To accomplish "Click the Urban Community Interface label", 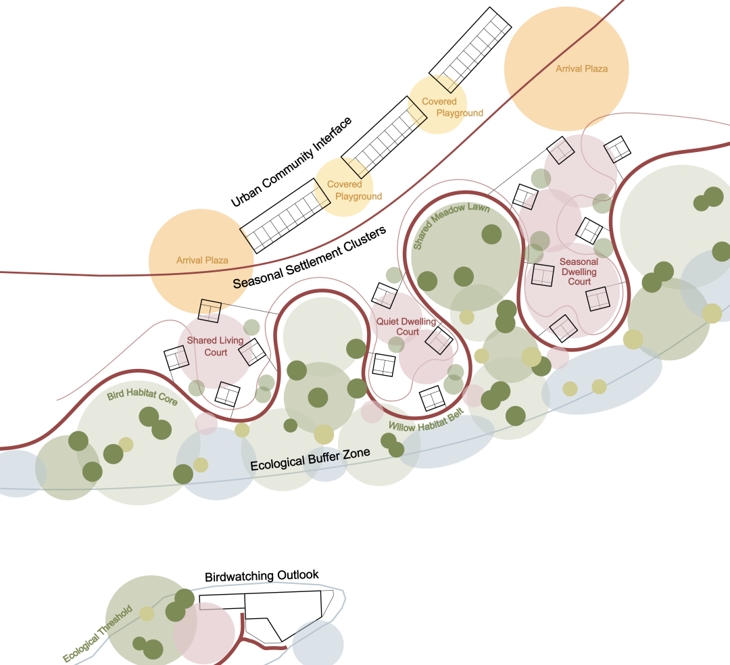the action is click(x=291, y=162).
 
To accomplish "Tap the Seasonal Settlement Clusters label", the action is click(x=310, y=257).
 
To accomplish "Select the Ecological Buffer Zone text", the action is click(x=310, y=460).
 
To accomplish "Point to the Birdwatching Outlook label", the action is click(x=262, y=576).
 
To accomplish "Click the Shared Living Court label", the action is click(x=215, y=346).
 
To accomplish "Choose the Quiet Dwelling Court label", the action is click(x=406, y=326).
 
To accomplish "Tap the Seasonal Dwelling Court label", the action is click(x=579, y=271).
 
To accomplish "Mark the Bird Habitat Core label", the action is click(x=142, y=397).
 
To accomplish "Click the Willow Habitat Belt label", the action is click(x=426, y=420).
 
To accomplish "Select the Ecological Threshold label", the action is click(x=98, y=633).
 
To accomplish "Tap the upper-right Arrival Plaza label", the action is click(x=581, y=69).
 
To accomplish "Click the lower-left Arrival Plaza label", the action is click(x=202, y=260).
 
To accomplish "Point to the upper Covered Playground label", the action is click(x=452, y=107).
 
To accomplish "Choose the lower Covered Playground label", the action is click(x=354, y=191).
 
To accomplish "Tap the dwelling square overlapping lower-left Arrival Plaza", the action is click(x=210, y=310).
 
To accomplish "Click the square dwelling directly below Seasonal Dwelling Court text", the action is click(x=598, y=299).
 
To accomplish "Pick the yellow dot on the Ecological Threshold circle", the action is click(x=147, y=614).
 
